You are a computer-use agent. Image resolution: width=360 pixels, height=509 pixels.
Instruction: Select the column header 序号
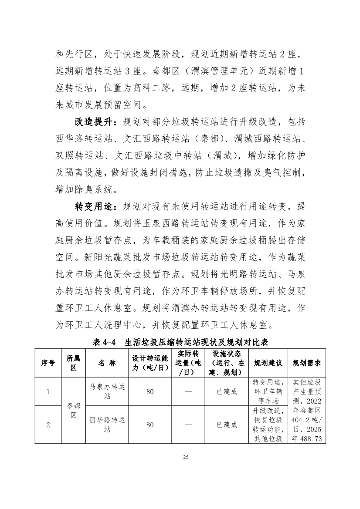click(48, 363)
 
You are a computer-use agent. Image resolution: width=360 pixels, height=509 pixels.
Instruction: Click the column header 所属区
click(74, 363)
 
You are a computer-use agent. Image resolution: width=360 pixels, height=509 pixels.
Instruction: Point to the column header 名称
click(107, 363)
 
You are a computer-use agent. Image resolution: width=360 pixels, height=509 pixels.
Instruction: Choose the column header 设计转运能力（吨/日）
click(150, 363)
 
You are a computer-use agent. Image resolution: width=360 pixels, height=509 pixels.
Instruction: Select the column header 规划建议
click(268, 363)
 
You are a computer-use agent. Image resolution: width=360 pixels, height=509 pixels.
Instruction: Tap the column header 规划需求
click(307, 363)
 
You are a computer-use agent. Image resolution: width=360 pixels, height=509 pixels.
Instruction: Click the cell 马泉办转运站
click(107, 391)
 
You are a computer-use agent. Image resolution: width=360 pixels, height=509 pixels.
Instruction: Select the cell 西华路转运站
click(107, 425)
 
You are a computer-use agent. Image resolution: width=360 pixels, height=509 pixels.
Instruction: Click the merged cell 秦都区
click(74, 410)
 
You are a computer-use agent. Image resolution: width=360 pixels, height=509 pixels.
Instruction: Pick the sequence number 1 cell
click(48, 391)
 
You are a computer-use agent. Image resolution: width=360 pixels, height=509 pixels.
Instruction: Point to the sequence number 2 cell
click(48, 425)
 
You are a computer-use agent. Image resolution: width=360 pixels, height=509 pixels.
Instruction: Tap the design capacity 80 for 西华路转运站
click(150, 425)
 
